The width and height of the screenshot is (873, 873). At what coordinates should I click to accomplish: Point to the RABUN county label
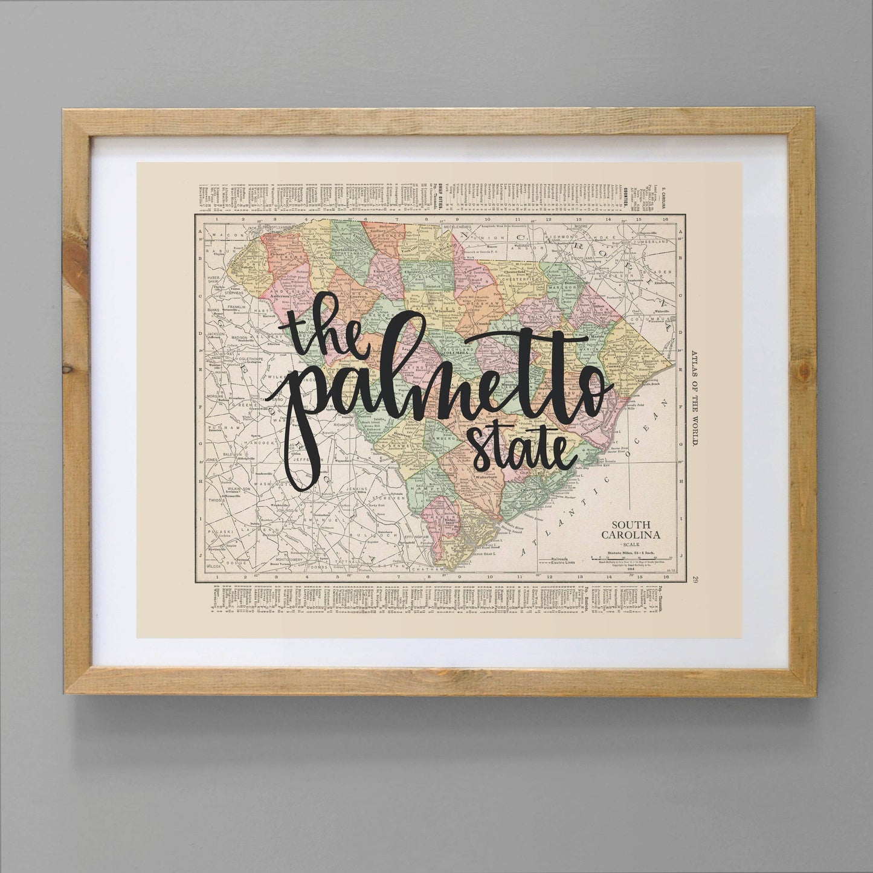tap(214, 249)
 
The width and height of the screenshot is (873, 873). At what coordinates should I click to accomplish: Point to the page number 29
tap(696, 580)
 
